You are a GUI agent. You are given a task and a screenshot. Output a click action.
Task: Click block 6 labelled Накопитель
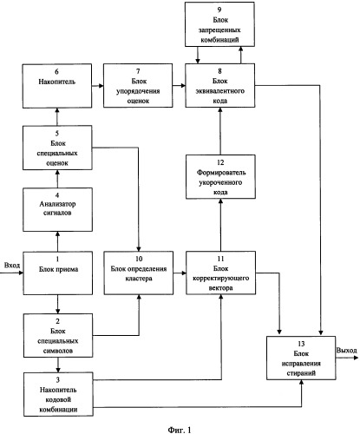pyautogui.click(x=57, y=86)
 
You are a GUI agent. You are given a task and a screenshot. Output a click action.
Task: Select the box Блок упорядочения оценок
pyautogui.click(x=138, y=86)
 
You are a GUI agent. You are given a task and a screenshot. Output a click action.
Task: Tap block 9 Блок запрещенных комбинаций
pyautogui.click(x=219, y=24)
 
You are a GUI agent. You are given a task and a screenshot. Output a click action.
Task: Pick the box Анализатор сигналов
pyautogui.click(x=57, y=209)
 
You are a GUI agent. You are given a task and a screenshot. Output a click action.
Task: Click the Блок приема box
pyautogui.click(x=58, y=273)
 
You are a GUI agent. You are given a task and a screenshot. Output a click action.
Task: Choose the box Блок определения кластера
pyautogui.click(x=139, y=273)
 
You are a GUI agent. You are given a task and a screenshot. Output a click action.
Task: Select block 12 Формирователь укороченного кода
pyautogui.click(x=220, y=177)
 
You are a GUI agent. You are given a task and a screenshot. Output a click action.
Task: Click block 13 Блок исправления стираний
pyautogui.click(x=301, y=358)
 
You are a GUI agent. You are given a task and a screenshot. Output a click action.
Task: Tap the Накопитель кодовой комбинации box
pyautogui.click(x=58, y=395)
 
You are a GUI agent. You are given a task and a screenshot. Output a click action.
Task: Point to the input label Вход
pyautogui.click(x=12, y=265)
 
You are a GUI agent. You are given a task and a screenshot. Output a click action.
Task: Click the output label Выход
pyautogui.click(x=346, y=351)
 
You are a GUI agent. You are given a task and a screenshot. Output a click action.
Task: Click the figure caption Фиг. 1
pyautogui.click(x=180, y=430)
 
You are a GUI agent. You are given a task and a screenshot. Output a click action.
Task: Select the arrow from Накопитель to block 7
pyautogui.click(x=98, y=86)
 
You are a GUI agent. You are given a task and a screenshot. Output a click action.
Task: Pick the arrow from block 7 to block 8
pyautogui.click(x=179, y=85)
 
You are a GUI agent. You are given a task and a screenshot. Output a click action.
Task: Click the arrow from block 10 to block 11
pyautogui.click(x=180, y=273)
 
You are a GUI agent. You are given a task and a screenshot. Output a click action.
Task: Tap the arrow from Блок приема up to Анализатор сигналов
pyautogui.click(x=57, y=241)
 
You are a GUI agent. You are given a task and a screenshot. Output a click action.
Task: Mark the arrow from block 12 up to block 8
pyautogui.click(x=220, y=131)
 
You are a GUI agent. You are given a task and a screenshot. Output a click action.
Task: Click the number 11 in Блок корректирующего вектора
pyautogui.click(x=220, y=259)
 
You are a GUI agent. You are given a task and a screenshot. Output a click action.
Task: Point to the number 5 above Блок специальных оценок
pyautogui.click(x=57, y=134)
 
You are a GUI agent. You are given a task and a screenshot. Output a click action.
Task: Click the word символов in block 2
pyautogui.click(x=58, y=351)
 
